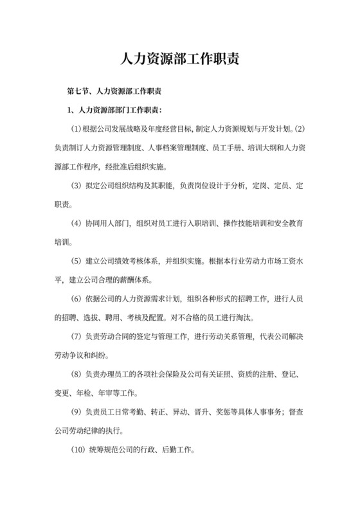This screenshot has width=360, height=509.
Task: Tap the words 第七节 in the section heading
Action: (x=79, y=91)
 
